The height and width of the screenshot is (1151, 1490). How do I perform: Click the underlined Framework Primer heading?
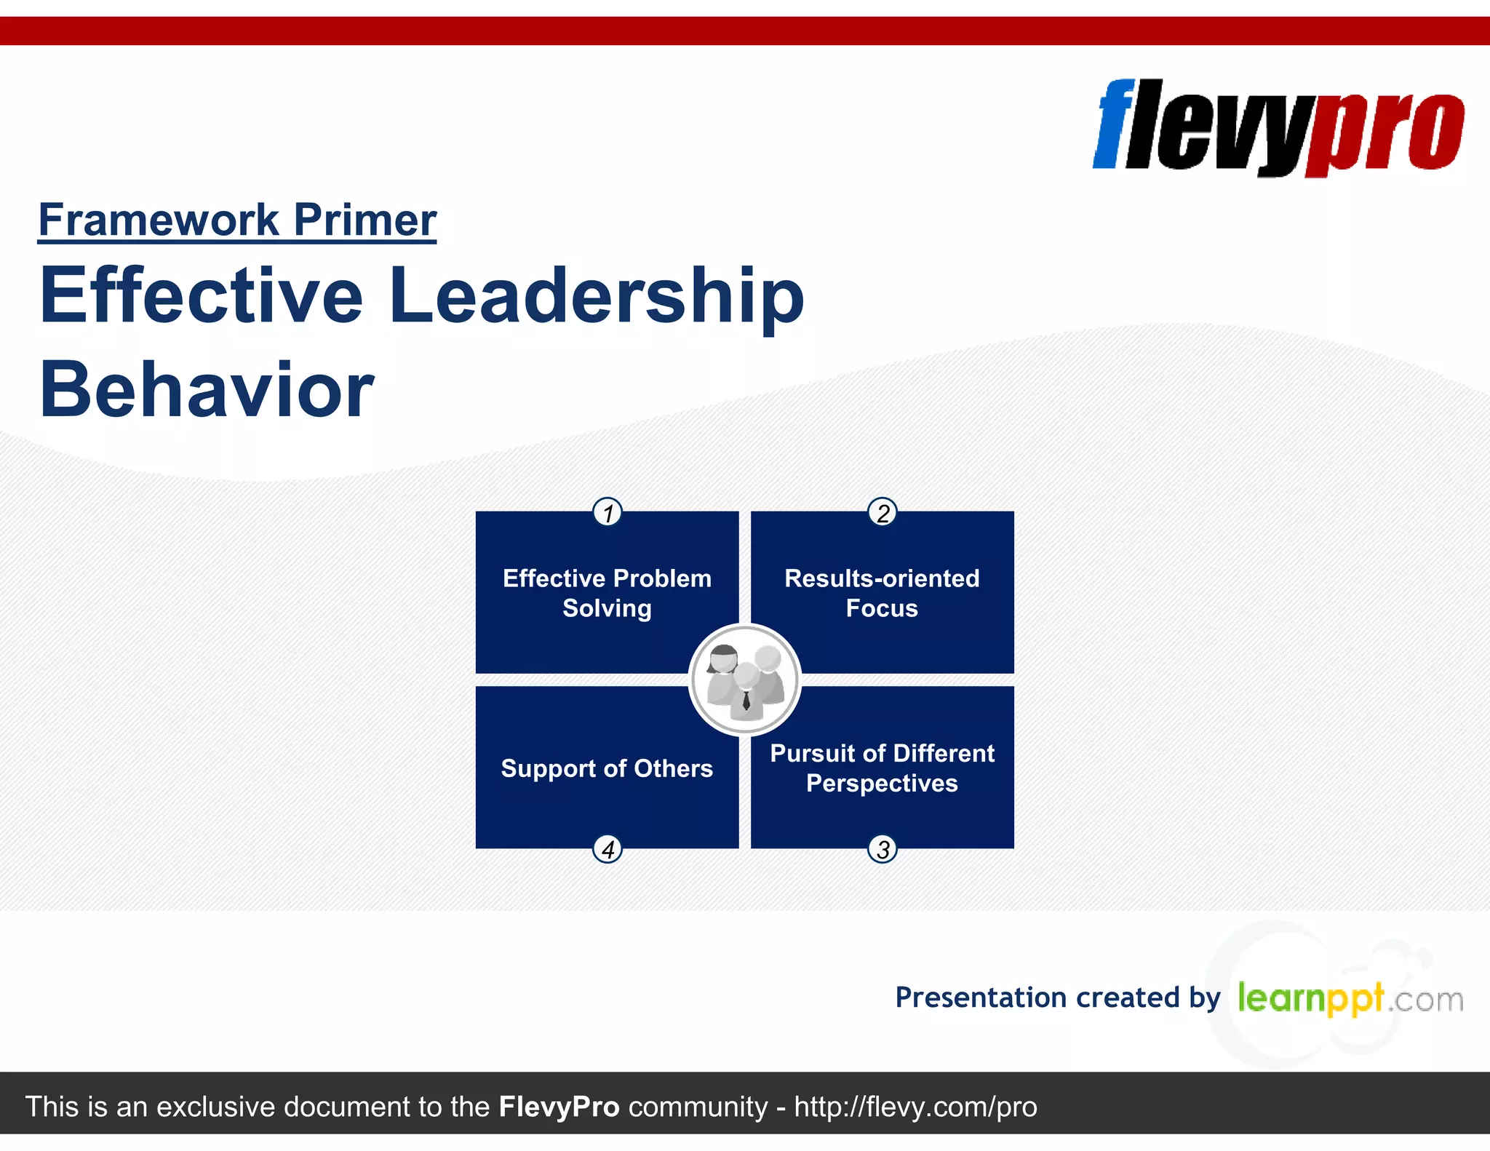tap(237, 220)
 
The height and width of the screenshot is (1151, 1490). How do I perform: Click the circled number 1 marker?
tap(607, 512)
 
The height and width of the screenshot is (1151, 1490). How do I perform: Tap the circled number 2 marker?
tap(883, 512)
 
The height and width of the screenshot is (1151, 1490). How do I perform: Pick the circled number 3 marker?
tap(883, 849)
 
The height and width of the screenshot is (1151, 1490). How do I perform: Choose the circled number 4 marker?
tap(607, 849)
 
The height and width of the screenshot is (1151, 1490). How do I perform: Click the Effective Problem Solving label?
tap(607, 593)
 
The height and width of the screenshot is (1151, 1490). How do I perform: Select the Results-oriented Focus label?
tap(882, 593)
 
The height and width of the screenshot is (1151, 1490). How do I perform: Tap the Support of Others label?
tap(607, 768)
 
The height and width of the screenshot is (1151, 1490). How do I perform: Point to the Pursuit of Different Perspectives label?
tap(882, 768)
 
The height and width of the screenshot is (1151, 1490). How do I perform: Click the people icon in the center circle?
tap(745, 680)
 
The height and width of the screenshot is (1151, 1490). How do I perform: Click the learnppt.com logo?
tap(1350, 998)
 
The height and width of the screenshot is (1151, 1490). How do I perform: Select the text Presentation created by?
tap(1057, 997)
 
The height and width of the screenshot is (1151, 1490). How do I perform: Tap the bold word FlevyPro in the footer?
tap(559, 1107)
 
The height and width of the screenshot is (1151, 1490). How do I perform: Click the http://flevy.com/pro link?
tap(915, 1107)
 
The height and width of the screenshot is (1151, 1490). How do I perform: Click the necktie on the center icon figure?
tap(746, 701)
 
